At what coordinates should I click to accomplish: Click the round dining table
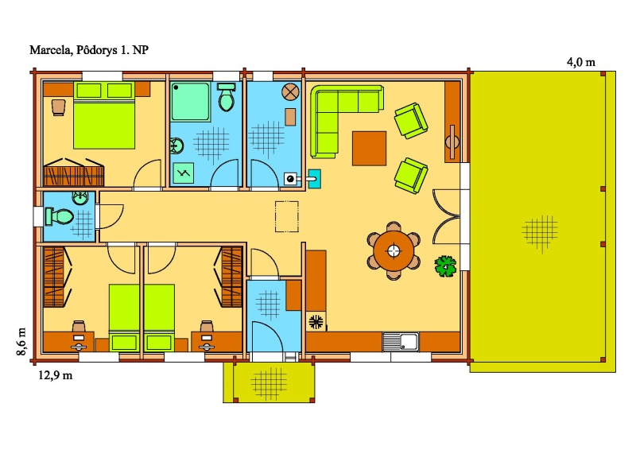(x=394, y=250)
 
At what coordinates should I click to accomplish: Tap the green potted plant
(x=445, y=266)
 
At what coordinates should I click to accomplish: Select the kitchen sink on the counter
(x=401, y=342)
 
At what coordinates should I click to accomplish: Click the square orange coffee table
(x=369, y=149)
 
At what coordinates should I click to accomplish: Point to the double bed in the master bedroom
(x=104, y=114)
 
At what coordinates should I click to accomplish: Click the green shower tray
(x=190, y=102)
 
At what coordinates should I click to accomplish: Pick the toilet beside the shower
(x=227, y=97)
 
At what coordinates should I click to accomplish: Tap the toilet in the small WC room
(x=59, y=216)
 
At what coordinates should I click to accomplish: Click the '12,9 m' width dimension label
(x=56, y=375)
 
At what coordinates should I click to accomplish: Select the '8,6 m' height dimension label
(x=21, y=341)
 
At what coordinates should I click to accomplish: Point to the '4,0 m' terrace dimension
(x=581, y=62)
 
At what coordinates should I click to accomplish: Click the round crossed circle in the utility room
(x=290, y=91)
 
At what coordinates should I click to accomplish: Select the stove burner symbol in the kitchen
(x=316, y=322)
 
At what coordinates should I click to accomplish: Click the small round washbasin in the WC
(x=81, y=198)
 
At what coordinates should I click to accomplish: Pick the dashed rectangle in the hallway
(x=287, y=217)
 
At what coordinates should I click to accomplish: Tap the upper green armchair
(x=411, y=121)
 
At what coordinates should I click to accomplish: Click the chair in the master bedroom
(x=58, y=107)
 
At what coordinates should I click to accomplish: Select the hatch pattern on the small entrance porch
(x=269, y=383)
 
